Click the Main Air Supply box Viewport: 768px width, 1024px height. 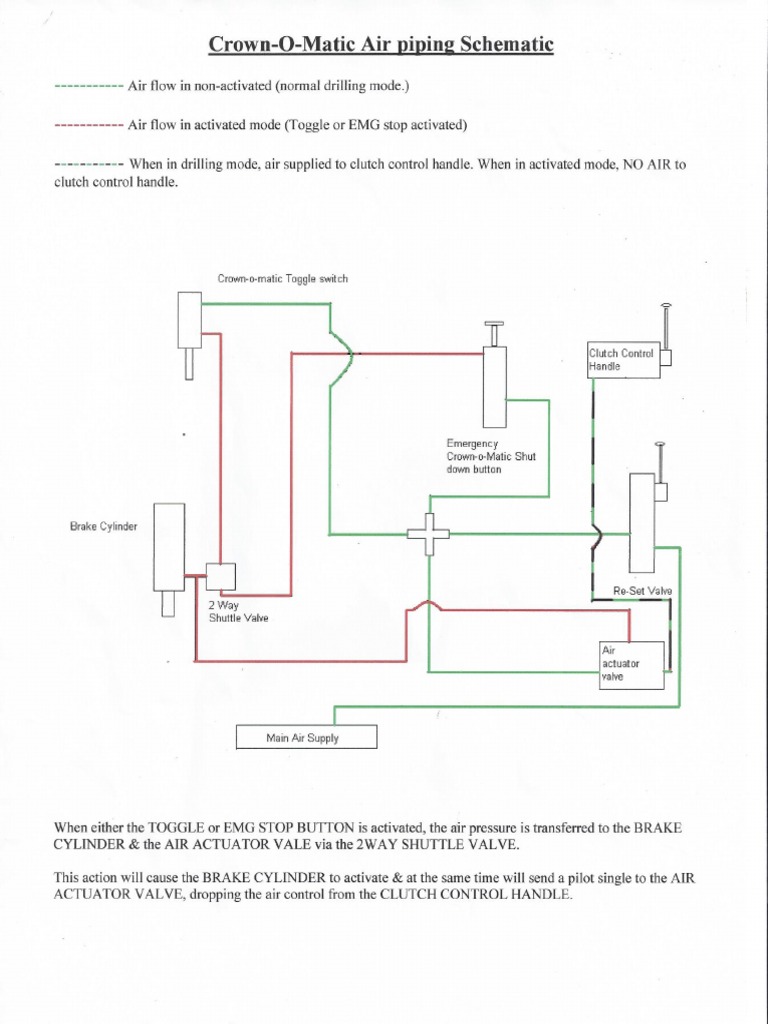click(306, 737)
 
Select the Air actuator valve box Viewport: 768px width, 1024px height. click(631, 665)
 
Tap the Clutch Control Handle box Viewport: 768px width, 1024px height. click(623, 359)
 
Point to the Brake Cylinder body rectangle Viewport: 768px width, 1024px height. click(169, 547)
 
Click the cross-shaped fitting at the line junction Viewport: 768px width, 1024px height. click(428, 533)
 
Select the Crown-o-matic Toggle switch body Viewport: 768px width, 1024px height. click(190, 319)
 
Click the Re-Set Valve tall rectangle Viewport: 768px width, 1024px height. click(641, 522)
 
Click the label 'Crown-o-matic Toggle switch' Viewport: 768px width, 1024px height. click(282, 279)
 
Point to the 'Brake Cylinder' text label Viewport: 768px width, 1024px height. click(103, 525)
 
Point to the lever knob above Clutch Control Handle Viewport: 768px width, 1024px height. click(666, 305)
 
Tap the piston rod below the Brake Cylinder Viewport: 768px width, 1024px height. click(168, 604)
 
